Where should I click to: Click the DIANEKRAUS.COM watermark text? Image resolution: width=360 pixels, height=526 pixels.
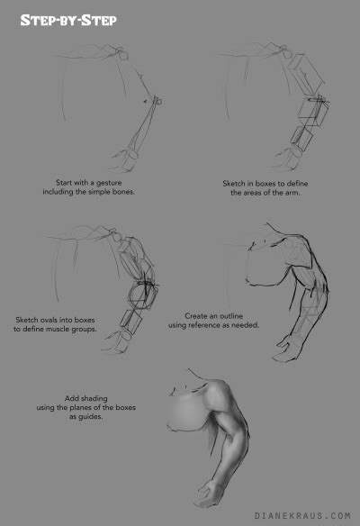(x=302, y=516)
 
